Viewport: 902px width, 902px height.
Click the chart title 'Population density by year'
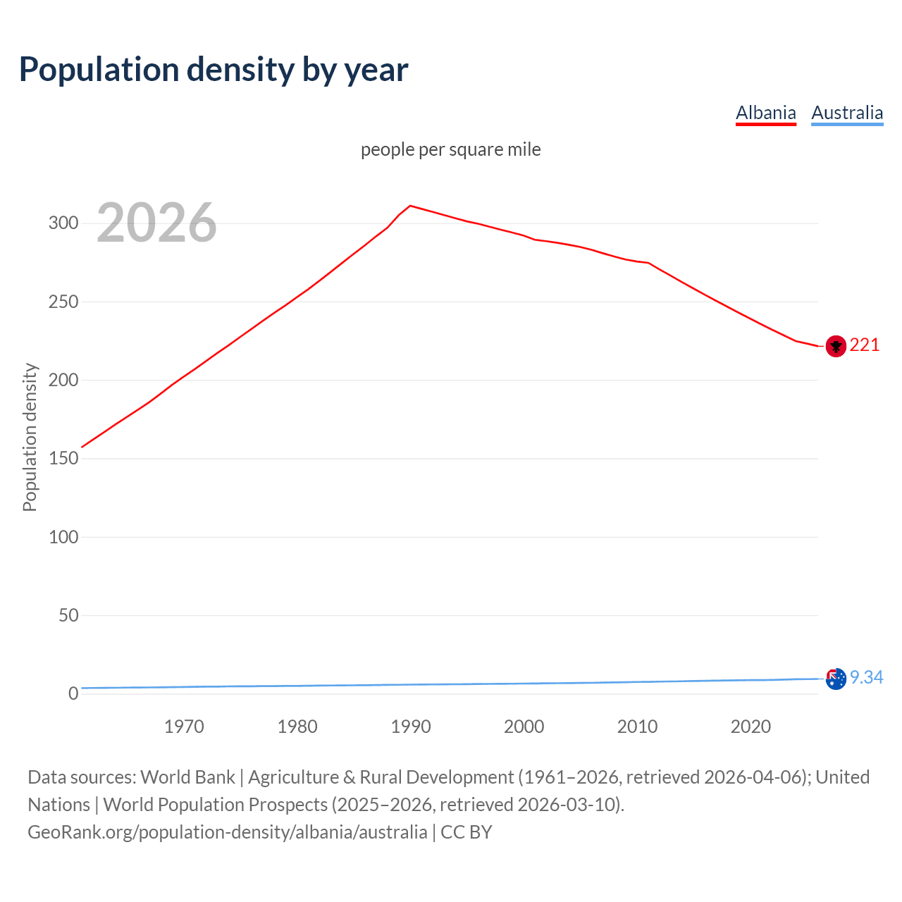pyautogui.click(x=214, y=69)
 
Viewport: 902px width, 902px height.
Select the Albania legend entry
pyautogui.click(x=765, y=113)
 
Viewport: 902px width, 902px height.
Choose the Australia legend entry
pyautogui.click(x=847, y=113)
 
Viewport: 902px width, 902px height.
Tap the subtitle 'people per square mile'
pyautogui.click(x=450, y=149)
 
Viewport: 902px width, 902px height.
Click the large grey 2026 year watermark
pyautogui.click(x=156, y=223)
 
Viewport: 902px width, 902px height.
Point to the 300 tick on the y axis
pyautogui.click(x=63, y=223)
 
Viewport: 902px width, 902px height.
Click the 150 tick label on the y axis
pyautogui.click(x=63, y=459)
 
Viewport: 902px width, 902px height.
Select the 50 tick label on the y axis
pyautogui.click(x=68, y=615)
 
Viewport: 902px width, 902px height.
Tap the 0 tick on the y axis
pyautogui.click(x=73, y=693)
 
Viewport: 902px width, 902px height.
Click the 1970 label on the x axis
pyautogui.click(x=184, y=727)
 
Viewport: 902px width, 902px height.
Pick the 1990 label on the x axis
pyautogui.click(x=411, y=727)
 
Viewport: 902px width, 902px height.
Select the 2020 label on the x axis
pyautogui.click(x=750, y=727)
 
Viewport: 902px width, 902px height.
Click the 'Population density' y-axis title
pyautogui.click(x=30, y=437)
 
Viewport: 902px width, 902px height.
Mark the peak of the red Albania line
pyautogui.click(x=411, y=206)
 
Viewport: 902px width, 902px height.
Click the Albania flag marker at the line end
pyautogui.click(x=836, y=346)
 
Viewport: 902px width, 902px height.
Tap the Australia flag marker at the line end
pyautogui.click(x=836, y=679)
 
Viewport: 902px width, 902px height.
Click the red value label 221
pyautogui.click(x=865, y=345)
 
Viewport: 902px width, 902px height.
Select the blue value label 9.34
pyautogui.click(x=866, y=677)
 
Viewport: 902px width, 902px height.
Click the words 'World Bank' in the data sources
pyautogui.click(x=187, y=777)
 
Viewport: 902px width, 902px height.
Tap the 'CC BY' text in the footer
pyautogui.click(x=466, y=832)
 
